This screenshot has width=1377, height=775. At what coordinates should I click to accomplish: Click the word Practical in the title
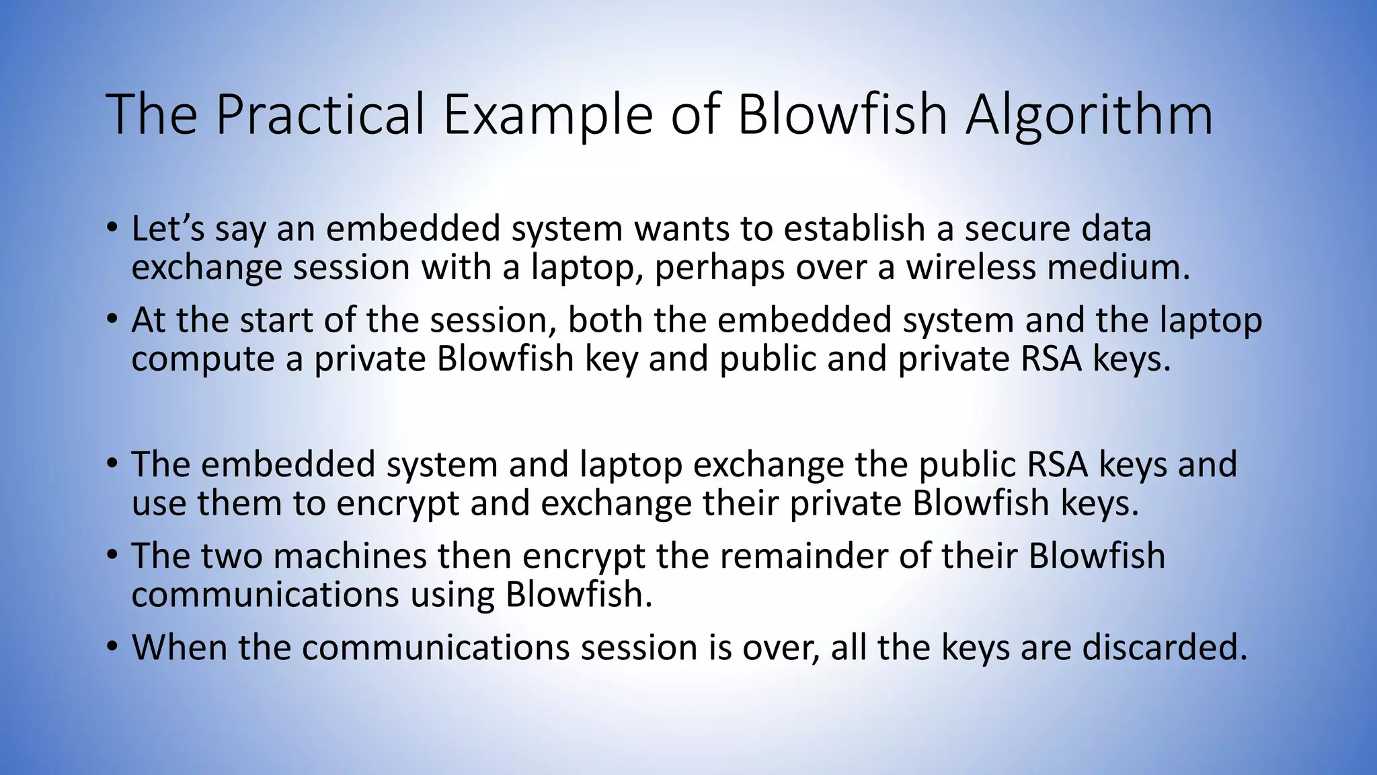(x=320, y=114)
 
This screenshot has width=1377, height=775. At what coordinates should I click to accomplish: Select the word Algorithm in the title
(x=1089, y=114)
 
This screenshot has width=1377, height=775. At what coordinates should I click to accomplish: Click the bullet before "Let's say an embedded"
(x=112, y=227)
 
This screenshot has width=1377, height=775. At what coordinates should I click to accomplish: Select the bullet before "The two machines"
(x=112, y=555)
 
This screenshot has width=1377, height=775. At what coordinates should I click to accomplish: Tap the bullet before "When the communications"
(x=112, y=647)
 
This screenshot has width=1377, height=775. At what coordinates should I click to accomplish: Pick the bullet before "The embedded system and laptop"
(x=112, y=464)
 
